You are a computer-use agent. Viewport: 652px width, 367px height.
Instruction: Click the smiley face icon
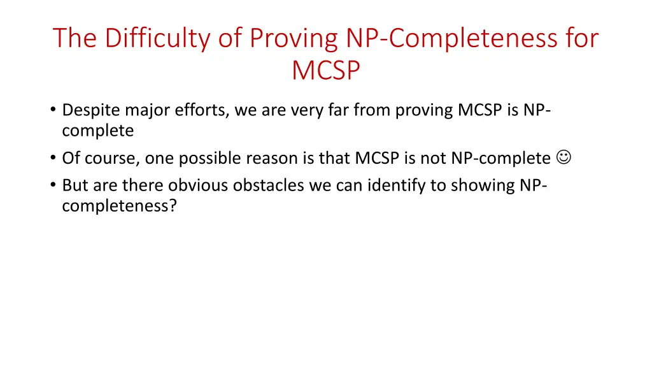pos(563,157)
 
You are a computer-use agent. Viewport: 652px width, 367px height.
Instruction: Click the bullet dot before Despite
pos(52,111)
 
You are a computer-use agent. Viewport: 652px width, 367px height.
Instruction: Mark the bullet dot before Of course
pos(52,158)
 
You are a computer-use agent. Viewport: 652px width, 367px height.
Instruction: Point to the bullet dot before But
pos(52,185)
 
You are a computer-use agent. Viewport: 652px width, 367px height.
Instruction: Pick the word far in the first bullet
pos(338,111)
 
